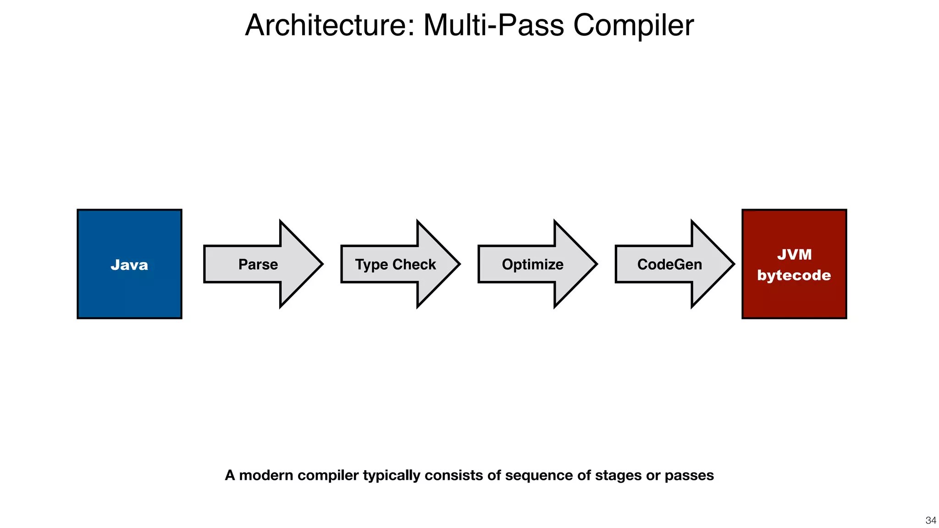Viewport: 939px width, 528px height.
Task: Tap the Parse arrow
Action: coord(258,264)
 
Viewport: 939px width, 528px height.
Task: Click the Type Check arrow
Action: coord(395,264)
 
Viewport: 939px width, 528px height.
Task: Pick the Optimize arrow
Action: coord(532,264)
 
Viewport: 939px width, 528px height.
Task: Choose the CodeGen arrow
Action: coord(669,264)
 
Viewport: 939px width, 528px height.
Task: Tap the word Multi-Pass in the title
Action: coord(493,25)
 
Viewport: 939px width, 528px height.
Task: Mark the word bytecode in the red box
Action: coord(794,275)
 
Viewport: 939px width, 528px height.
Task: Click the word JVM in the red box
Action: coord(794,254)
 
